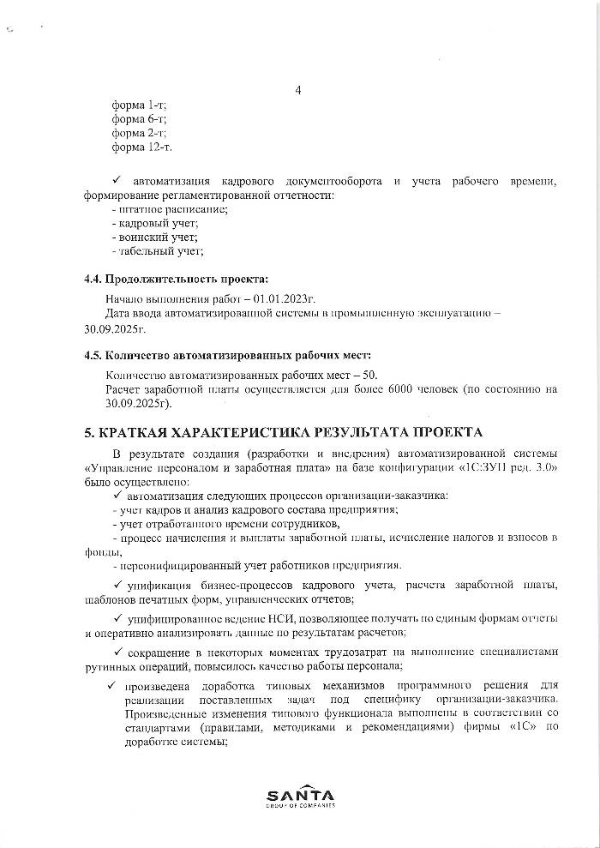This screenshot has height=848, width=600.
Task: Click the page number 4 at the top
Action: coord(298,90)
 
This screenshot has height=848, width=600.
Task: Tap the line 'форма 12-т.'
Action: coord(141,147)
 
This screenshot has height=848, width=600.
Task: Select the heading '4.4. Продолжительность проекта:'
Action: coord(176,280)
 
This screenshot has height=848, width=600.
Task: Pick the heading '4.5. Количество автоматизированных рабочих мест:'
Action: coord(227,355)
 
